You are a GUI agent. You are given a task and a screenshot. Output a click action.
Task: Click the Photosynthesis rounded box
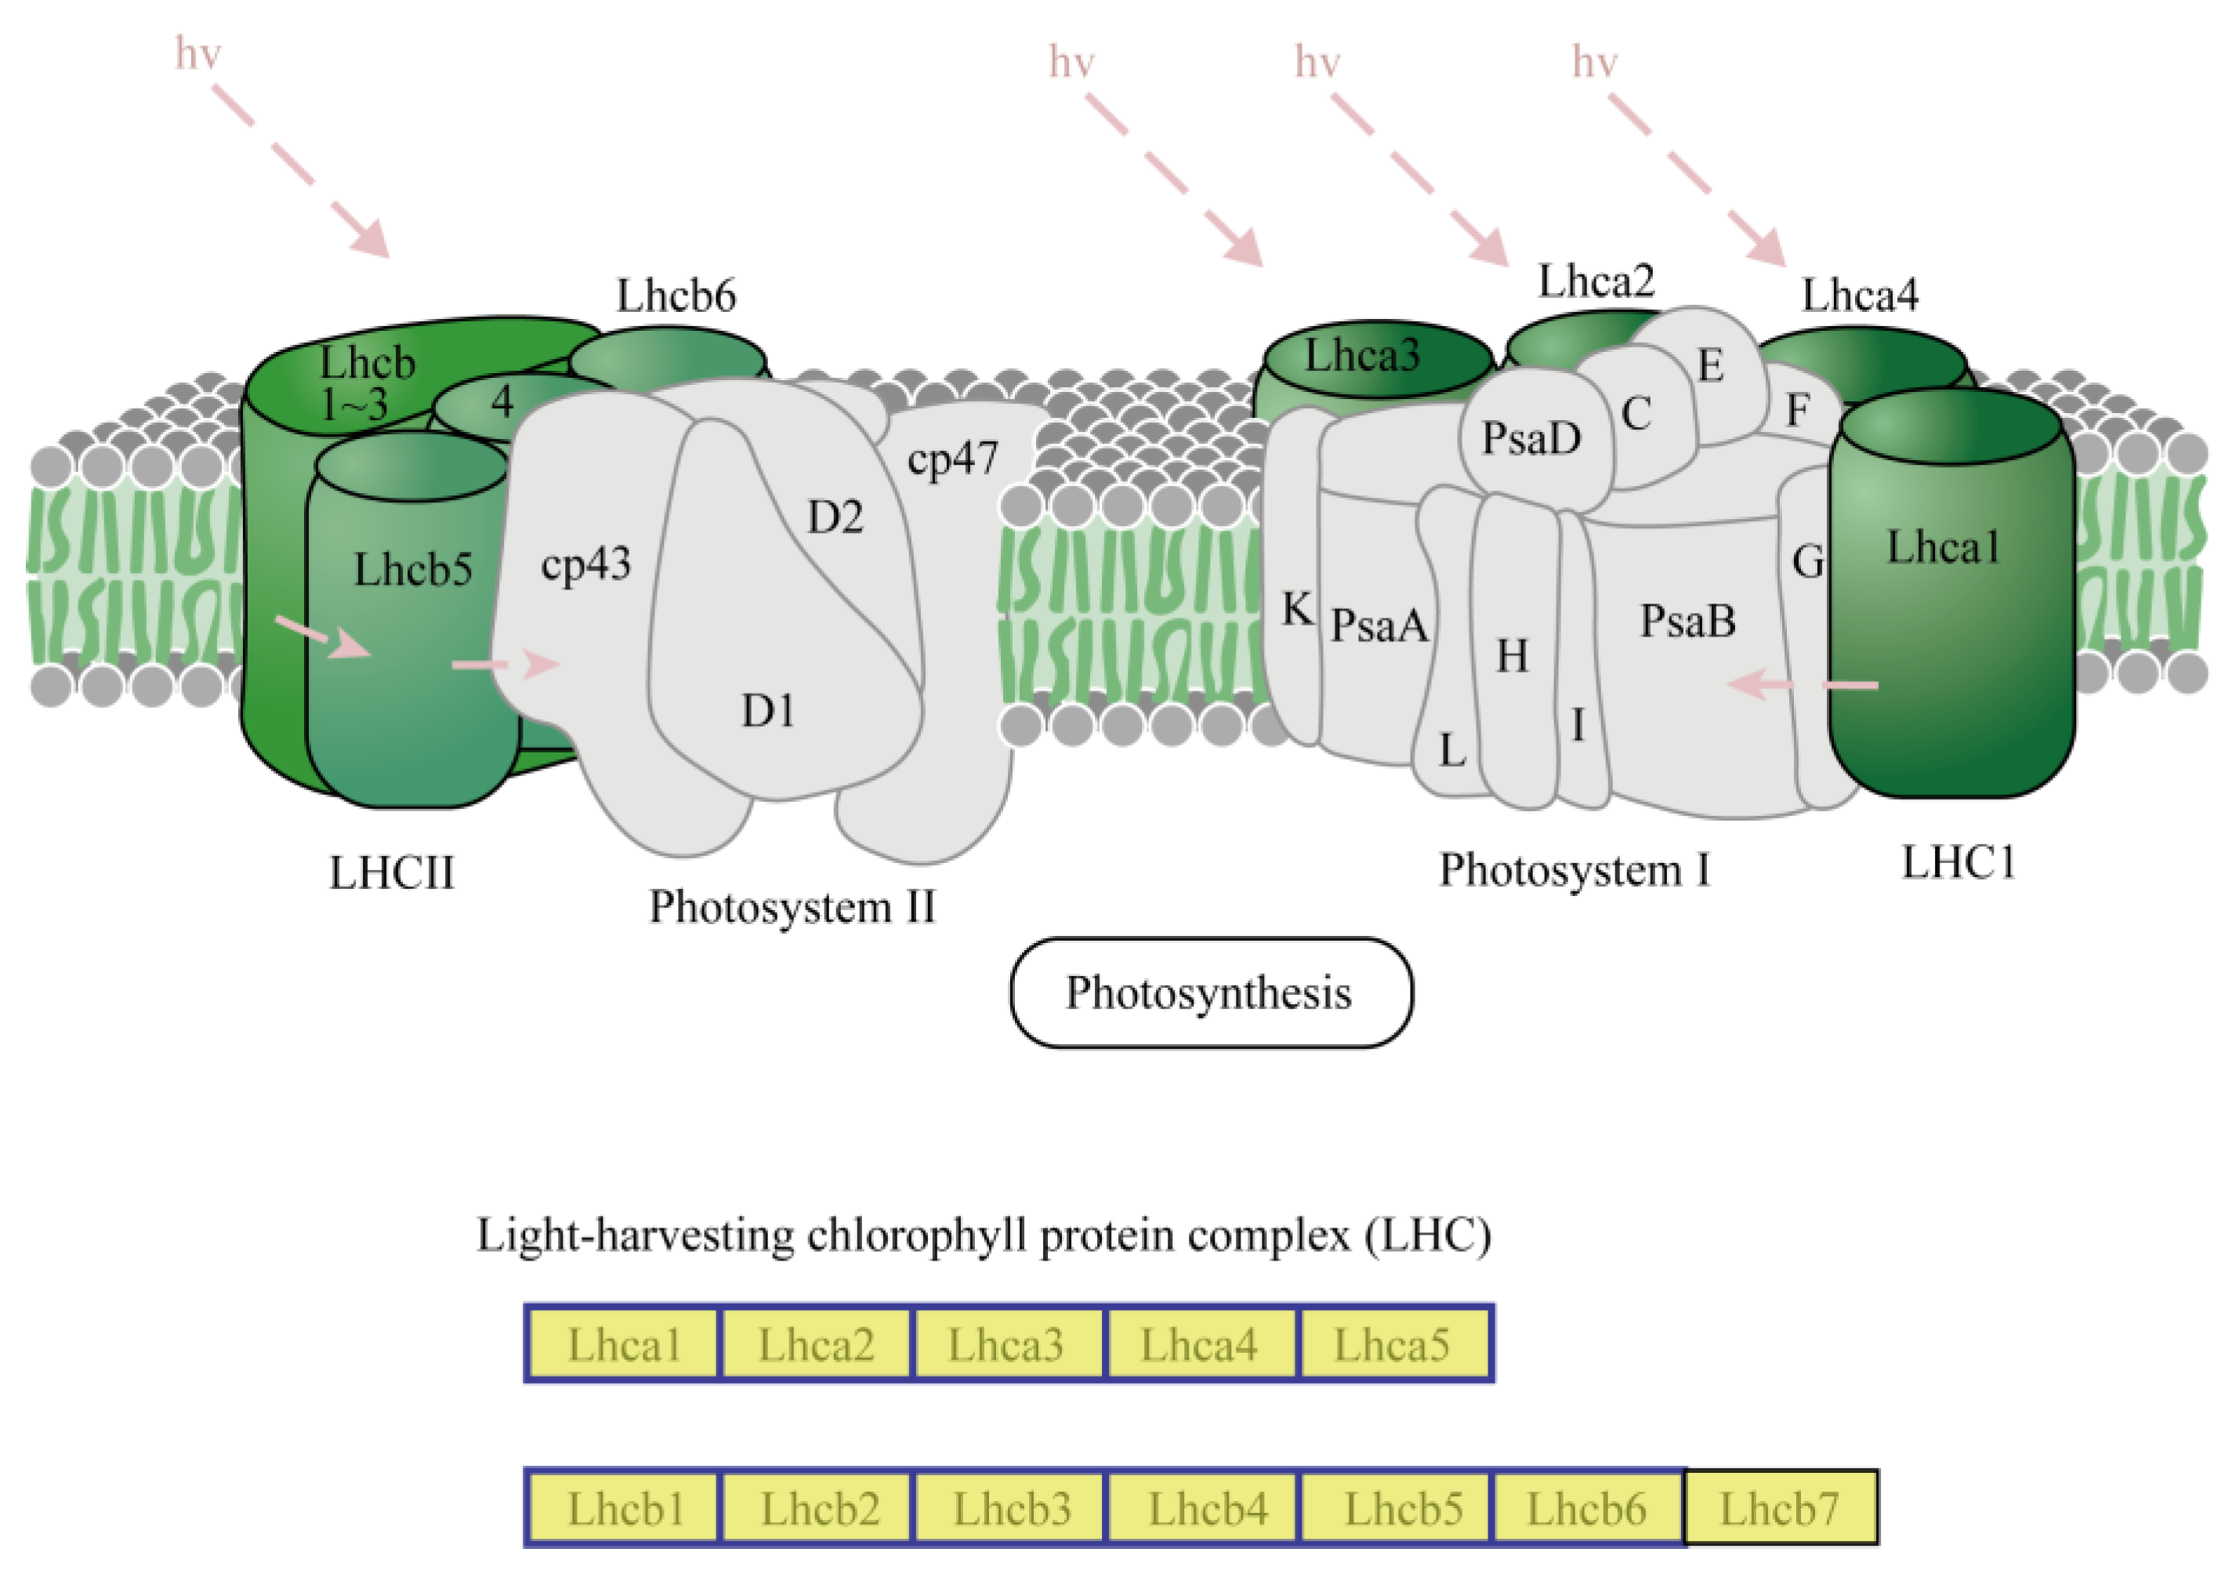[1210, 992]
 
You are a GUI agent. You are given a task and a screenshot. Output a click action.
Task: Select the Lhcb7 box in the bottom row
[1780, 1509]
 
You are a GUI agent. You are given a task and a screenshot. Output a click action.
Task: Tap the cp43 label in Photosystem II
[585, 564]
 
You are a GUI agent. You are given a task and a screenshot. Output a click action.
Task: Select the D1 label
[767, 712]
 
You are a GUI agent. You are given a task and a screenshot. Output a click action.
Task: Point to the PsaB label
[1687, 620]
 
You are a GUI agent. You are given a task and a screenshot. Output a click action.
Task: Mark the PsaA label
[1379, 625]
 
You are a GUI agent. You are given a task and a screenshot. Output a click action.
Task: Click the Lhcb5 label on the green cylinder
[412, 570]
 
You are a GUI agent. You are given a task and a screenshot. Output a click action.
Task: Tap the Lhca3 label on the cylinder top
[1362, 356]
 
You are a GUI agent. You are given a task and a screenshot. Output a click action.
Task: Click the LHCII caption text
[392, 872]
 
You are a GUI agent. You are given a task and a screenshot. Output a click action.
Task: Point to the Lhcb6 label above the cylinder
[676, 295]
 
